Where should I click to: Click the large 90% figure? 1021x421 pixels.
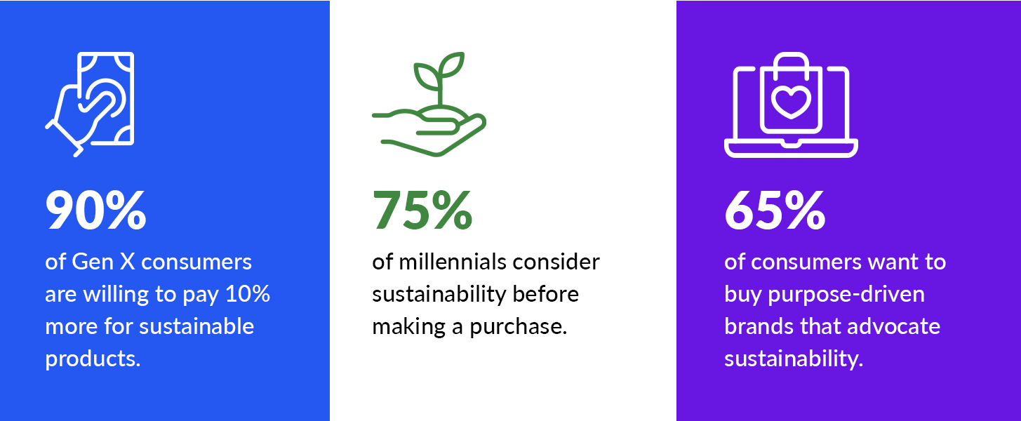coord(95,210)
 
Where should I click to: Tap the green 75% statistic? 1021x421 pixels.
coord(422,210)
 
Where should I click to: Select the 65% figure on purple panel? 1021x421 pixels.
coord(775,210)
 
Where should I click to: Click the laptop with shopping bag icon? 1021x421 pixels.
coord(791,105)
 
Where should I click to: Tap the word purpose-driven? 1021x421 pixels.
coord(855,294)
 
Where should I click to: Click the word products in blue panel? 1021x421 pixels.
coord(93,359)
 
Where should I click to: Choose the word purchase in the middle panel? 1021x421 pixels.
coord(518,326)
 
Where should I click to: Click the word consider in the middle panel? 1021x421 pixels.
coord(556,262)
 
